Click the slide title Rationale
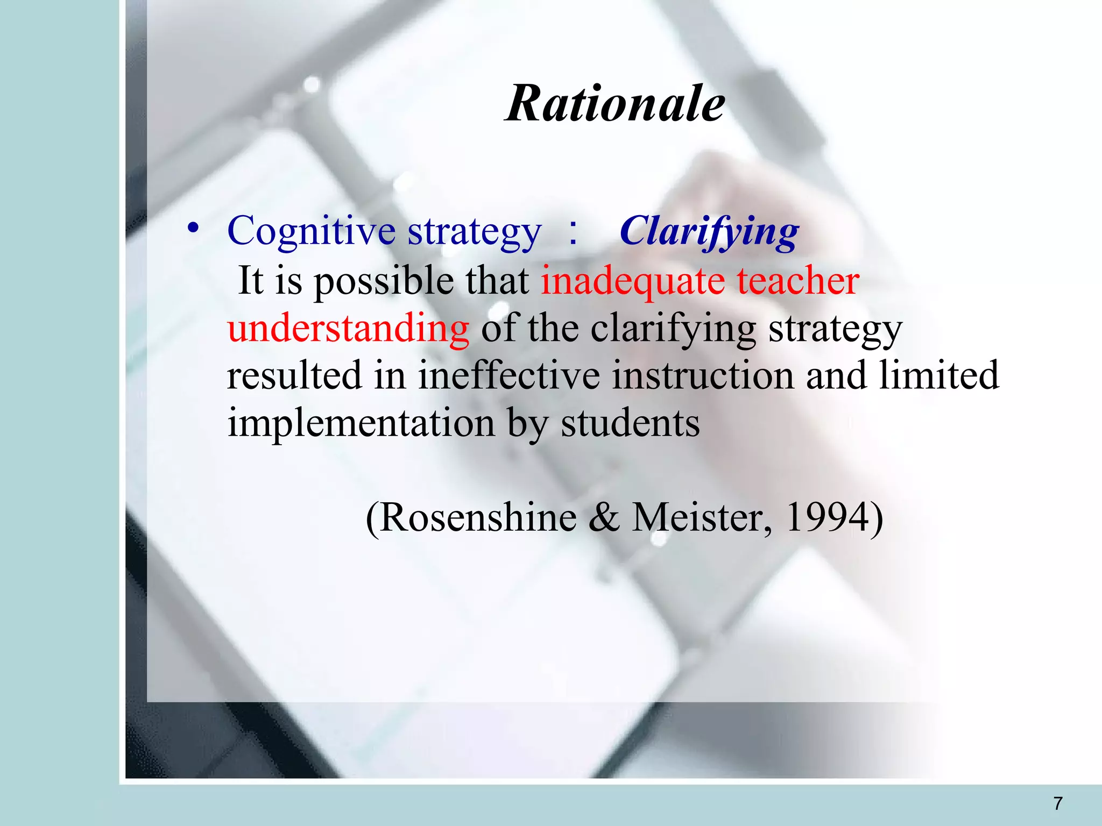[615, 104]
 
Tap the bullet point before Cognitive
[193, 229]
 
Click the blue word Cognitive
[312, 231]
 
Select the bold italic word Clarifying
[709, 232]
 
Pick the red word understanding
[348, 328]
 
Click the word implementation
[361, 423]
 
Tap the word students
[630, 423]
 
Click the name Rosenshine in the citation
[478, 518]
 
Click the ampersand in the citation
[604, 518]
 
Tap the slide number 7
[1058, 803]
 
